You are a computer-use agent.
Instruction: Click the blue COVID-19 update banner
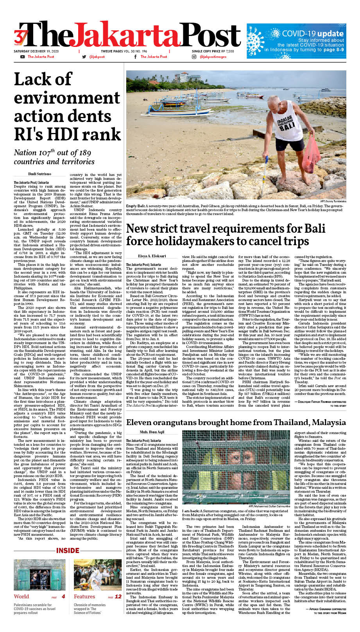tap(296, 41)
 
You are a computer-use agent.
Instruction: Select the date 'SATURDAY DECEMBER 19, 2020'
tap(36, 51)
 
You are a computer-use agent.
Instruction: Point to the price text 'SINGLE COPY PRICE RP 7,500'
tap(213, 51)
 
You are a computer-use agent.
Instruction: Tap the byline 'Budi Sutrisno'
tap(39, 174)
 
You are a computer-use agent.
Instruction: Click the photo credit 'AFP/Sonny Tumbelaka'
tap(333, 201)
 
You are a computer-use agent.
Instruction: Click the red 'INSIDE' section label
tap(68, 551)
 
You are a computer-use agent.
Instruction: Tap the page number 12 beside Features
tap(118, 596)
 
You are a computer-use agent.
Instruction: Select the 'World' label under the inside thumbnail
tap(21, 596)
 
